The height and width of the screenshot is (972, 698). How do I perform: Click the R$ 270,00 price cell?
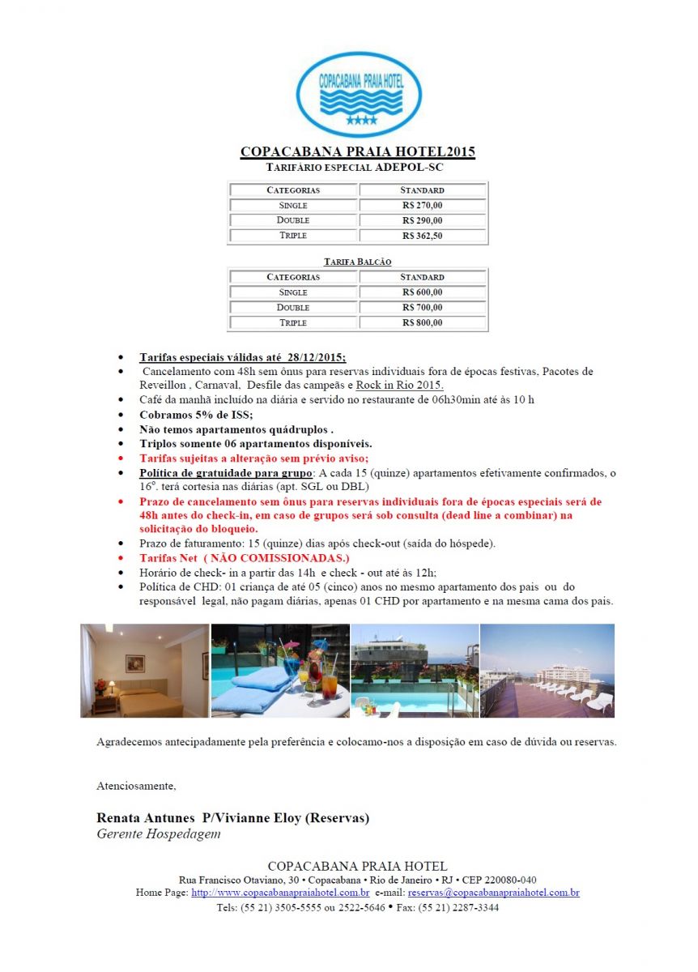(422, 206)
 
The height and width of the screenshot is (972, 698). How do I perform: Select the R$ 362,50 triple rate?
(422, 236)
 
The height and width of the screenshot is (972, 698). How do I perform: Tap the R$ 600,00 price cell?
(422, 292)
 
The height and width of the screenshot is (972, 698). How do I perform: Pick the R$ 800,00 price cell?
(422, 322)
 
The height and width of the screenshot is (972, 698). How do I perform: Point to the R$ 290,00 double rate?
(422, 220)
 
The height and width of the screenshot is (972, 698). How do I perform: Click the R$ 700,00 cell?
(422, 308)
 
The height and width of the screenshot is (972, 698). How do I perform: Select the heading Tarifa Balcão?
(357, 262)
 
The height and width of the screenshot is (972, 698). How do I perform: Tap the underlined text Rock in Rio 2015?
(399, 385)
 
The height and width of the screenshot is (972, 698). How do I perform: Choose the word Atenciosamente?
(136, 786)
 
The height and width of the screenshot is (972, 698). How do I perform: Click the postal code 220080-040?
(506, 880)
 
